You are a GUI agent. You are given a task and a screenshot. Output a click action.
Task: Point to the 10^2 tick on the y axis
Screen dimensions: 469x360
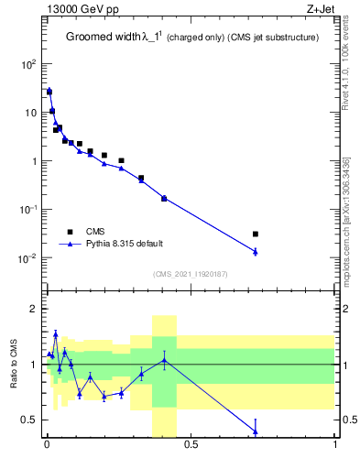point(27,64)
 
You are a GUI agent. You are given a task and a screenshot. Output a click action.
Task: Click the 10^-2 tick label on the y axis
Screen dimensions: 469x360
point(27,257)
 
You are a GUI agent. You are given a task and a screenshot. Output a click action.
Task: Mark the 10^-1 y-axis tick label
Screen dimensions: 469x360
point(27,209)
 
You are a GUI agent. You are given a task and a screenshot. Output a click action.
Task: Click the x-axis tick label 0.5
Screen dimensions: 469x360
point(191,447)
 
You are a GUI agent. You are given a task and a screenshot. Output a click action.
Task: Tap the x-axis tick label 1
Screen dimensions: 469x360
point(335,447)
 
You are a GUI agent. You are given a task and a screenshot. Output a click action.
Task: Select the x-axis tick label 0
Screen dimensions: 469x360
point(47,447)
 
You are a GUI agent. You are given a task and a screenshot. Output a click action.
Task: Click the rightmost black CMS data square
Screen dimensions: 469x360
point(256,234)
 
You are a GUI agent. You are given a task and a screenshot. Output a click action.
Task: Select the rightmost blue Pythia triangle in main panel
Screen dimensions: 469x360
point(256,251)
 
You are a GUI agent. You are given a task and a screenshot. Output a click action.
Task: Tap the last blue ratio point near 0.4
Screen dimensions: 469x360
point(256,431)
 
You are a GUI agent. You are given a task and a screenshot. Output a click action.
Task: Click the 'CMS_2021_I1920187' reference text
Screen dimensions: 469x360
point(191,274)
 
